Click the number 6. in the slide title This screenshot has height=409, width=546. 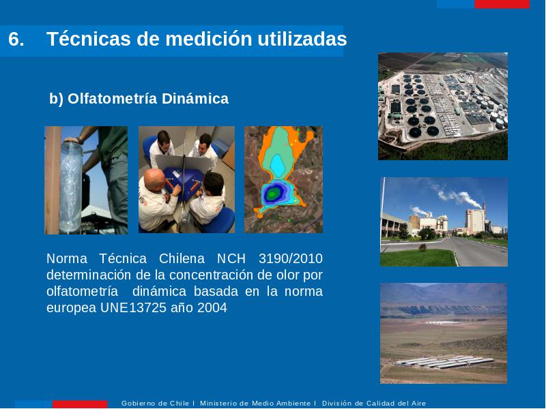point(16,39)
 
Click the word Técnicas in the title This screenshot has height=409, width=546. point(89,38)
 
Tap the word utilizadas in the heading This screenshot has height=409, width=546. point(302,39)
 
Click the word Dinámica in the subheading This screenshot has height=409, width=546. point(195,99)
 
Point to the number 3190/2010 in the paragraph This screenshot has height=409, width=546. point(291,259)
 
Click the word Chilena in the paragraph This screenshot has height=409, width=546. point(182,259)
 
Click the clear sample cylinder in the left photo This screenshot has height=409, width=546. point(71,188)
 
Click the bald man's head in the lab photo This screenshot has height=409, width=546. point(155,179)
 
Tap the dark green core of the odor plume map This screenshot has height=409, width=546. point(272,194)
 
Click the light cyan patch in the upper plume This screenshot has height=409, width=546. point(278,166)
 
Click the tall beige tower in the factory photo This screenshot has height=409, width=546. point(475,221)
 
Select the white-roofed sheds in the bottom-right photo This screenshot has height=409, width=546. point(445,362)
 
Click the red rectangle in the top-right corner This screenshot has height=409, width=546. point(502,4)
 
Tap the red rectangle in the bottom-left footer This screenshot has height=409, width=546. point(80,404)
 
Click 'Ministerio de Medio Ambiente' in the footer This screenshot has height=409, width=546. point(255,404)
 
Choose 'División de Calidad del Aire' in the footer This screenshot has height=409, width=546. point(374,404)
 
